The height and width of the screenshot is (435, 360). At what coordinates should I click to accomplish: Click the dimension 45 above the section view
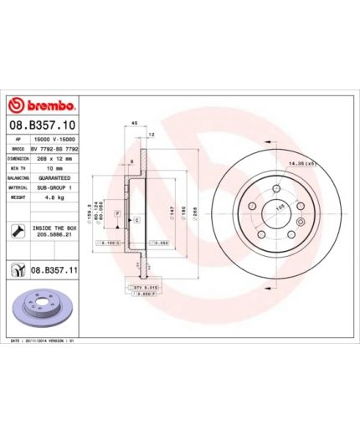[x=135, y=124]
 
